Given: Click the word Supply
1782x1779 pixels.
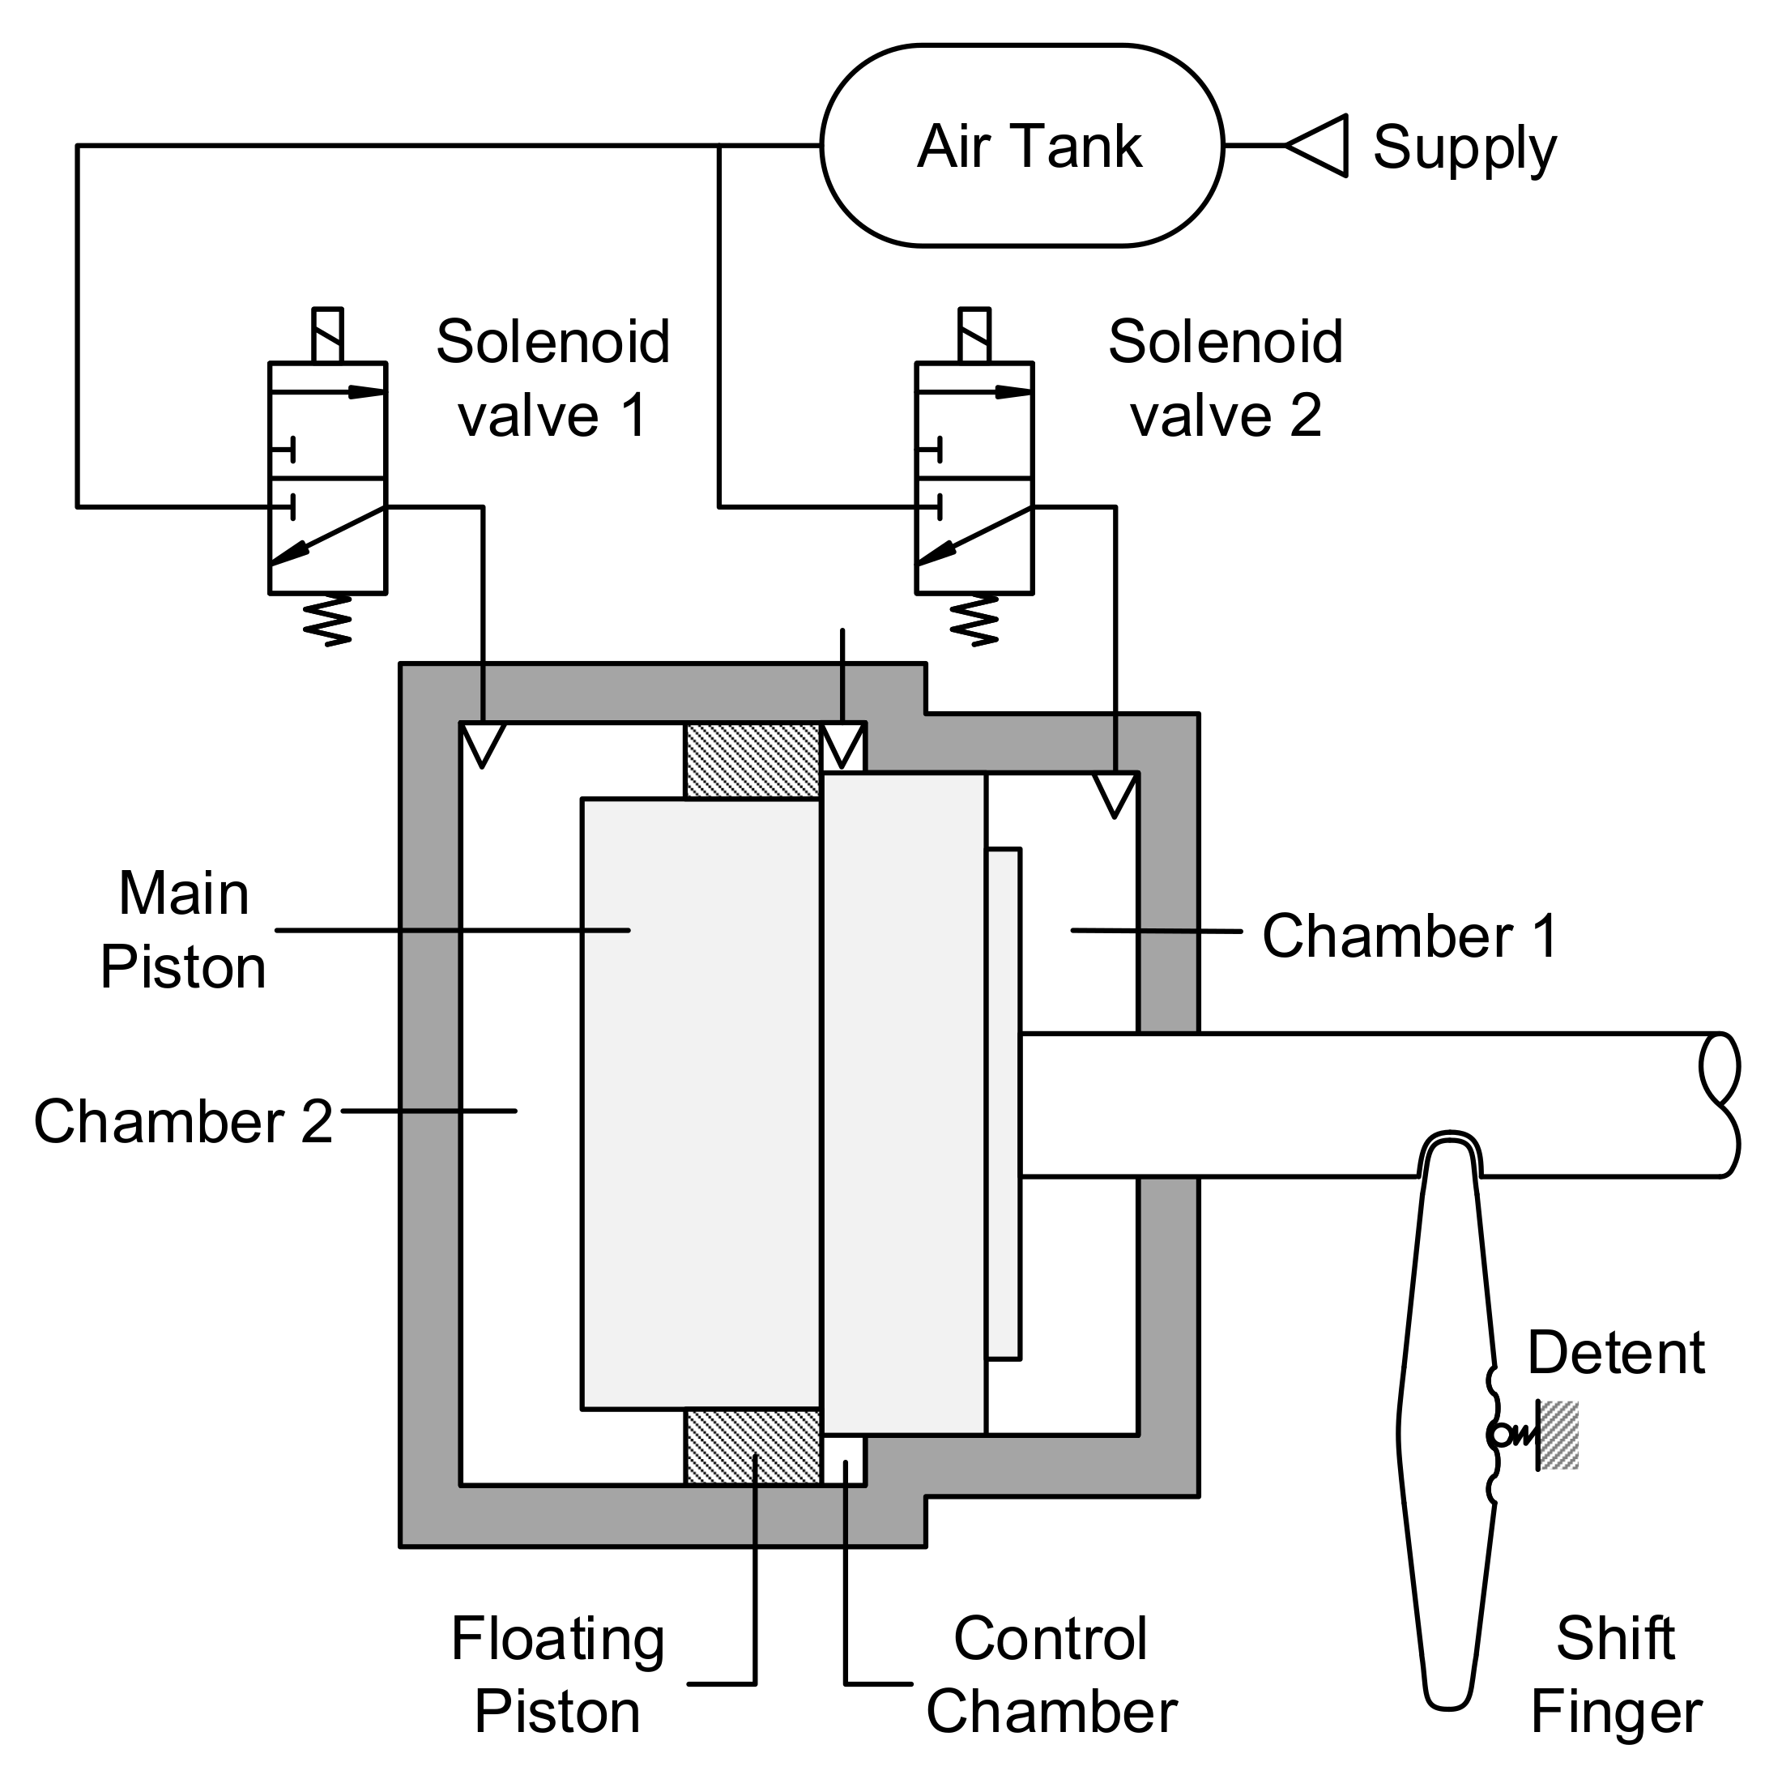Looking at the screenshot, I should pyautogui.click(x=1464, y=147).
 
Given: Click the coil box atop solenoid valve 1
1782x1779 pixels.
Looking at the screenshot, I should pyautogui.click(x=327, y=335).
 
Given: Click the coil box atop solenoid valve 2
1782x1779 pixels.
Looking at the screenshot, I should pyautogui.click(x=975, y=335).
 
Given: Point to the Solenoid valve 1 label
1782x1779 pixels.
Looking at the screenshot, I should pyautogui.click(x=552, y=378).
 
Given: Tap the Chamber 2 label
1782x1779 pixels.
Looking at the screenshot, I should pyautogui.click(x=182, y=1121).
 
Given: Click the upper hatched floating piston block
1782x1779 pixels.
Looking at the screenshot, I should pyautogui.click(x=752, y=762).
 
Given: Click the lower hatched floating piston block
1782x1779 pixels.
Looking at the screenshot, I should pyautogui.click(x=752, y=1446).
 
